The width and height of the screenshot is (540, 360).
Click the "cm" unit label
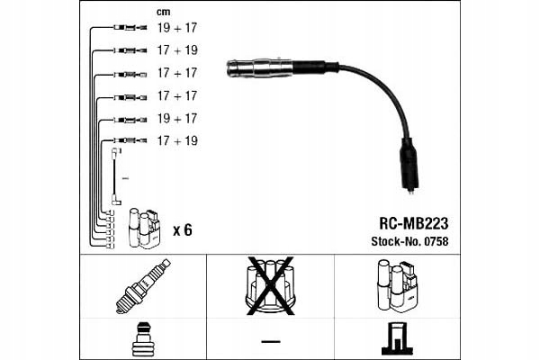[x=163, y=12]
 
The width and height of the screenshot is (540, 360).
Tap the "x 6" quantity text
[x=182, y=230]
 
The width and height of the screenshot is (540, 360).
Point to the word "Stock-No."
[x=393, y=241]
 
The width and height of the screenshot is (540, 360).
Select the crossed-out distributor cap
[x=270, y=283]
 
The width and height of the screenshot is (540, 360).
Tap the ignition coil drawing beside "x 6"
[x=144, y=229]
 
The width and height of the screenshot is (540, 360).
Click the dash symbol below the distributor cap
[x=270, y=340]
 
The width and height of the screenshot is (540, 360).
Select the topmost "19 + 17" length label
[x=178, y=29]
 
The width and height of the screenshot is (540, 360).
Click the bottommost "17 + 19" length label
[x=178, y=141]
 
